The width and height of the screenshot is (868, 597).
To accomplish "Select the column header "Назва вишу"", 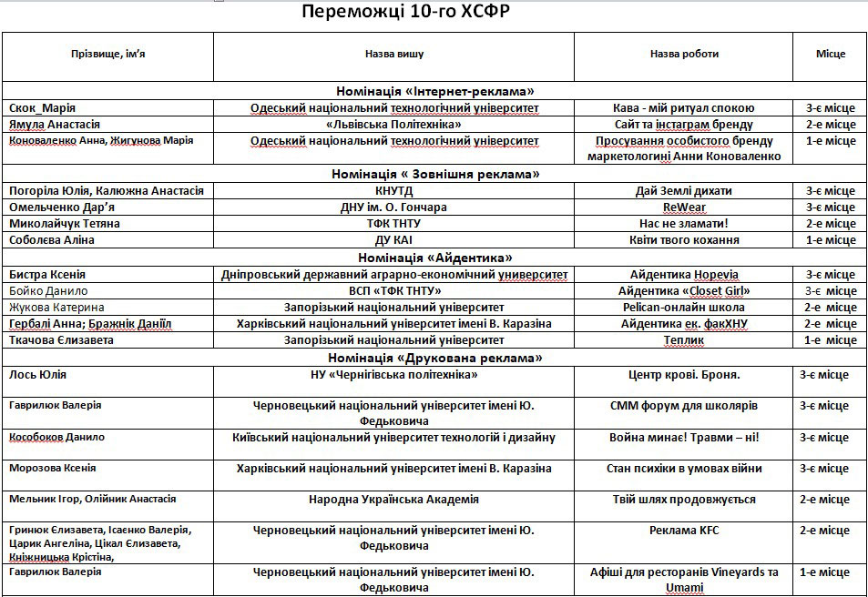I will point(393,54).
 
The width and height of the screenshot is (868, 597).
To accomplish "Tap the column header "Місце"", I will point(830,54).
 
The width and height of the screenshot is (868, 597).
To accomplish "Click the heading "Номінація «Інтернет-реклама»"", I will point(434,91).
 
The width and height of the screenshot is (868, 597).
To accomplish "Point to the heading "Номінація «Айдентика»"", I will point(434,258).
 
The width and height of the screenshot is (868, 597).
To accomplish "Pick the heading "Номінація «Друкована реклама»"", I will point(434,358).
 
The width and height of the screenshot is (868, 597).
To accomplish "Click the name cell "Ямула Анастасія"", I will point(55,125).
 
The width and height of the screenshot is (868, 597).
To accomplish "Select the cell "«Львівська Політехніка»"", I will point(393,125).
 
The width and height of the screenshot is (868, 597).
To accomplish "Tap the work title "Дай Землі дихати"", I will point(683,191).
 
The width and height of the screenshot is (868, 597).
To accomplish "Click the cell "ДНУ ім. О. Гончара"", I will point(393,207).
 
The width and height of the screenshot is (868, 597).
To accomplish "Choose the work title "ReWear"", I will point(684,207).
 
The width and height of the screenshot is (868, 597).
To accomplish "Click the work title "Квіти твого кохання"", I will point(683,240).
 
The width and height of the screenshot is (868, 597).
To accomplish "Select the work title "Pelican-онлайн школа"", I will point(683,308).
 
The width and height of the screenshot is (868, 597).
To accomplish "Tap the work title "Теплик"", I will point(683,340).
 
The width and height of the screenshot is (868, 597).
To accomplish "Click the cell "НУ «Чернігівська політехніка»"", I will point(393,375).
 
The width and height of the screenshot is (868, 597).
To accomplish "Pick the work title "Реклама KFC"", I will point(683,531).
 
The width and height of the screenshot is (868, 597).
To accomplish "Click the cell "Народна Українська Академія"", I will point(393,500).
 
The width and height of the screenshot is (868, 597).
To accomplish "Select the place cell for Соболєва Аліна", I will point(830,240).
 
